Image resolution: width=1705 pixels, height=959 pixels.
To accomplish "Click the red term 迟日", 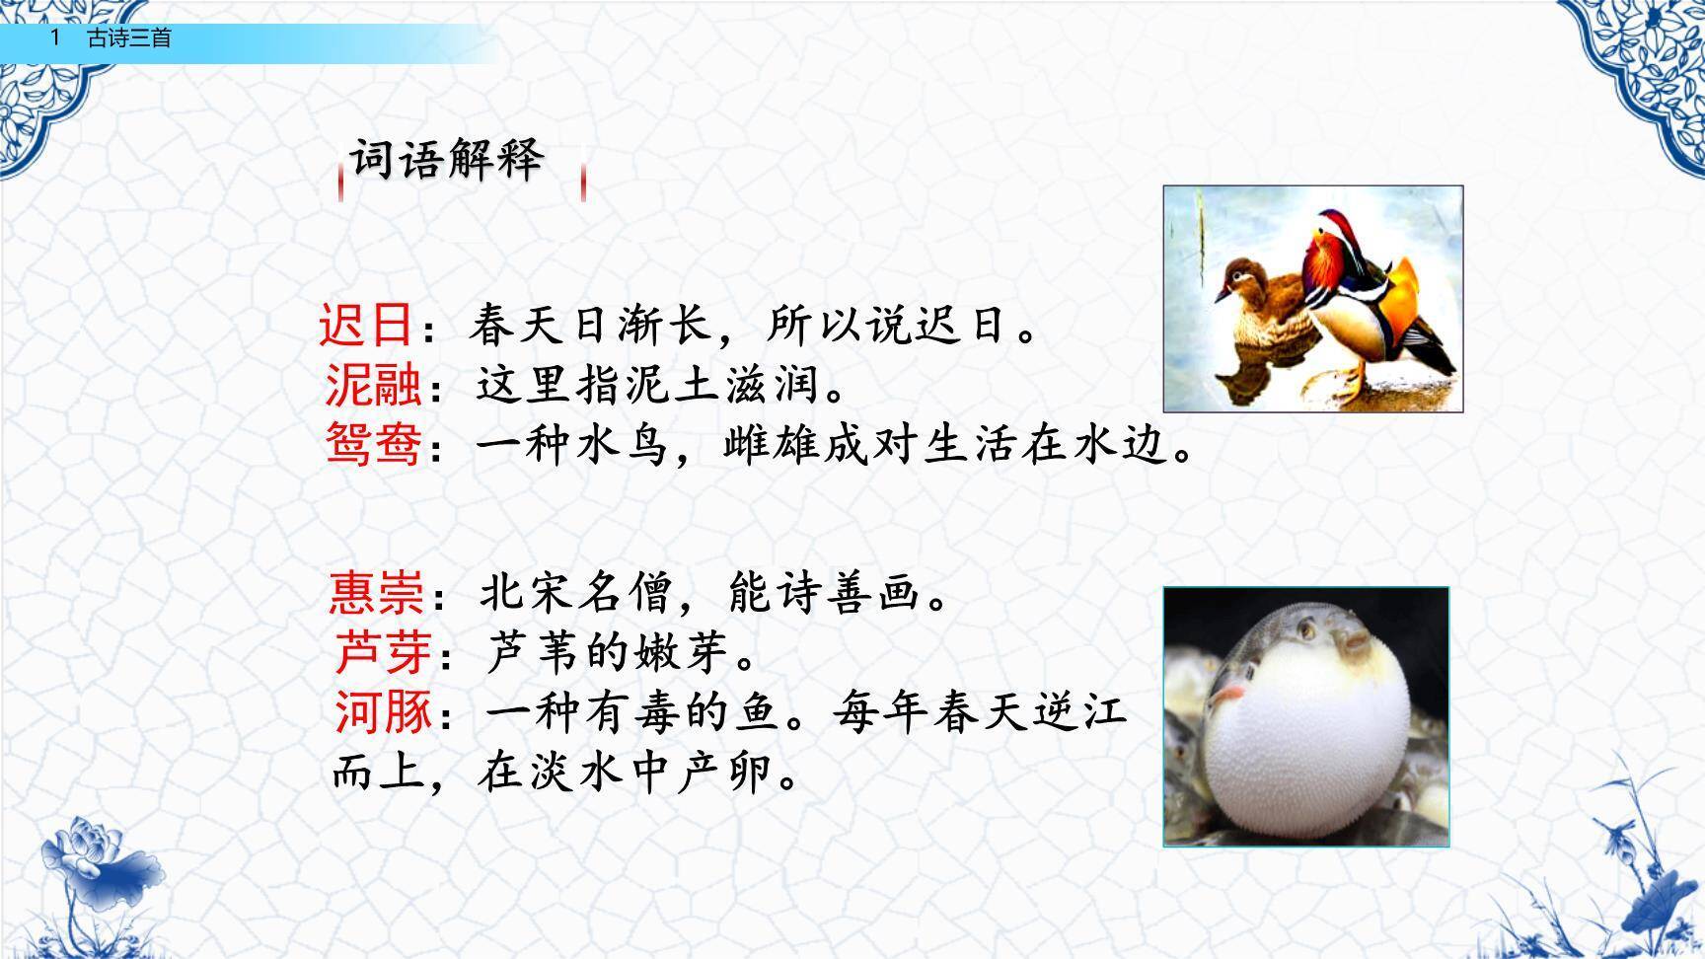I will [x=365, y=325].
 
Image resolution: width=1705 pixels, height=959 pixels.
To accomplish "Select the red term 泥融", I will [x=373, y=385].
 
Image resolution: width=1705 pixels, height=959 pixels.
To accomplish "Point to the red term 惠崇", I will [x=376, y=593].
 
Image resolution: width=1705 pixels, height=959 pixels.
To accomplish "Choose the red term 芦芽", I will [x=383, y=651].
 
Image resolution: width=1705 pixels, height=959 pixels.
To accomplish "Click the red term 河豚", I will [x=383, y=711].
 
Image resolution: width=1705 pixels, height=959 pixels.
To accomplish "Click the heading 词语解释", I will [x=447, y=160].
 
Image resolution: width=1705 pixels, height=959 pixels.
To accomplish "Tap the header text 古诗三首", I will [x=129, y=38].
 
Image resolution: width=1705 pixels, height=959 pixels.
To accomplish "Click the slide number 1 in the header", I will [x=56, y=38].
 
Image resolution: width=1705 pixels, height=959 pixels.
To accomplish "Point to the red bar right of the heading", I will [x=584, y=183].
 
